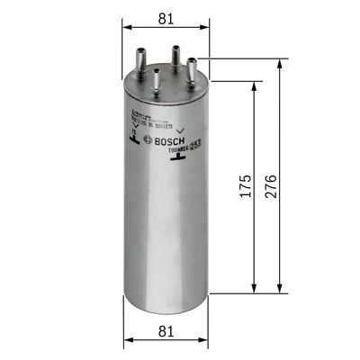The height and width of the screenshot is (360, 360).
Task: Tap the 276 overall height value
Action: (x=270, y=186)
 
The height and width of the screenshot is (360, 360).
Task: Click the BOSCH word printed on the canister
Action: (x=169, y=141)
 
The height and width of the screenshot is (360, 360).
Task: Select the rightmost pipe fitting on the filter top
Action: (x=192, y=67)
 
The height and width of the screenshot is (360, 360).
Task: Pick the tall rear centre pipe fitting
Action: (x=174, y=55)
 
